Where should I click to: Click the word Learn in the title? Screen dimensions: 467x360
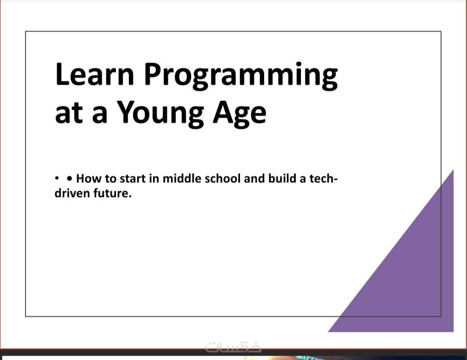(x=95, y=74)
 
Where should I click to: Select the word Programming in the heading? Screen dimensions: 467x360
(x=241, y=76)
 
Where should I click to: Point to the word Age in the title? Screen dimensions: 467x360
(x=240, y=114)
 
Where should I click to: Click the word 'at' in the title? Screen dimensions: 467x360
(x=69, y=114)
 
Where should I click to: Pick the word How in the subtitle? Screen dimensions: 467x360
(x=89, y=178)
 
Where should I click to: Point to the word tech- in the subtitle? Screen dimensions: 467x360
(x=323, y=178)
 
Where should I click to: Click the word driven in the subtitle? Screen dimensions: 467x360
(x=72, y=193)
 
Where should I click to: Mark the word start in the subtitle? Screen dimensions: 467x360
(x=132, y=179)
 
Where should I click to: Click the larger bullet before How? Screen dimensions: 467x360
(x=69, y=178)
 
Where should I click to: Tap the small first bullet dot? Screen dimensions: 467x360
(x=57, y=178)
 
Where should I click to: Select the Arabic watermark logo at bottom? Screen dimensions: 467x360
(x=233, y=347)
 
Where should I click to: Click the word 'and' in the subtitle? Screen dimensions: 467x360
(x=254, y=178)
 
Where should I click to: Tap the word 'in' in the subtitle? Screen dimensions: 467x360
(x=154, y=178)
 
